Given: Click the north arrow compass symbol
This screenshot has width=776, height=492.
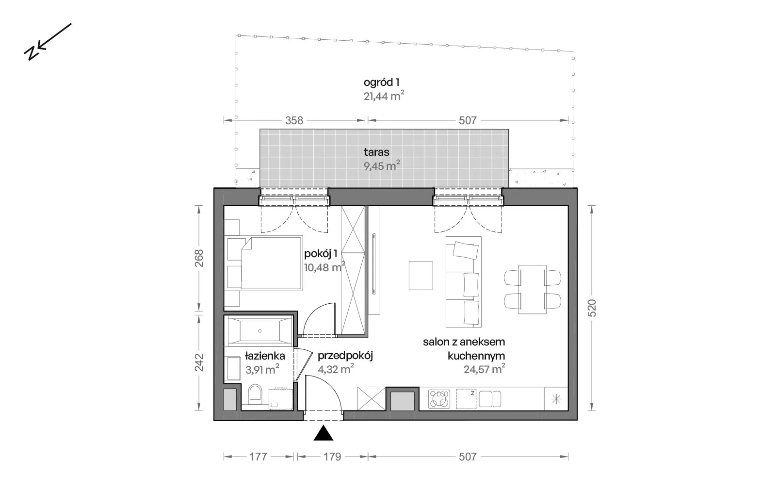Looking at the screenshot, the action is click(x=48, y=42).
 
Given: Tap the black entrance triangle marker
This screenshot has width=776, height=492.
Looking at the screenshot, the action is click(x=323, y=433).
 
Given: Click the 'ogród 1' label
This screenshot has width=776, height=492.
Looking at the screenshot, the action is click(x=381, y=82).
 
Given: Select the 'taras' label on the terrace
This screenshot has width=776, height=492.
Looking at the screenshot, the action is click(x=376, y=152).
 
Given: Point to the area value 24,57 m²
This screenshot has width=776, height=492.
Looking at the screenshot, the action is click(x=485, y=369).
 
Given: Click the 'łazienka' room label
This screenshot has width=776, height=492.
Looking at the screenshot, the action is click(x=265, y=356).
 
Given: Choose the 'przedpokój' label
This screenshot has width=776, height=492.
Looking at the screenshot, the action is click(x=345, y=356).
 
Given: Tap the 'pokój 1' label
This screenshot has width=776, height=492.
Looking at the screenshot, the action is click(x=321, y=254).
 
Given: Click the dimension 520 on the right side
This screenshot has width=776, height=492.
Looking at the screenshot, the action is click(x=592, y=308).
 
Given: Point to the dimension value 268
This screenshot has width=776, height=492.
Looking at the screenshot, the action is click(x=199, y=258).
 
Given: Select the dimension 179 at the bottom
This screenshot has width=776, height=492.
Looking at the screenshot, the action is click(x=332, y=457).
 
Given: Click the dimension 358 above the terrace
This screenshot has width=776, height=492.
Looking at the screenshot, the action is click(x=294, y=121).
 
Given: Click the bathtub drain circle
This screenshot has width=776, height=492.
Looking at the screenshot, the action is click(x=260, y=331).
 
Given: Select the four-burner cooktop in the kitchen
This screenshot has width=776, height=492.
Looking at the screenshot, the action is click(x=439, y=398).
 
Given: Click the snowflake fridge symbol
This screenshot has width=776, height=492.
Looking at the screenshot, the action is click(x=556, y=399).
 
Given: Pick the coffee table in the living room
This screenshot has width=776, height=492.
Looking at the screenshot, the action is click(x=420, y=276).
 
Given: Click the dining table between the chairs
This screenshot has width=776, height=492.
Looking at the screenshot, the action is click(x=532, y=289).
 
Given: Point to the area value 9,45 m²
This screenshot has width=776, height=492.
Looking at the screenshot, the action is click(x=382, y=165).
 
